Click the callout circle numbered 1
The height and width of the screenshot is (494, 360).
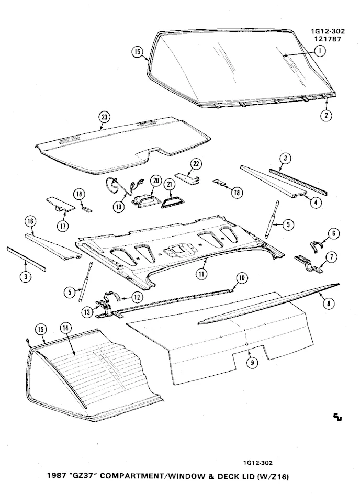319,51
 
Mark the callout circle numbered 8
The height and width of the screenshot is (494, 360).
328,302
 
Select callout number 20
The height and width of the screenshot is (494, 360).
155,181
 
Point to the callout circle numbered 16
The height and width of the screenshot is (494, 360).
30,222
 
